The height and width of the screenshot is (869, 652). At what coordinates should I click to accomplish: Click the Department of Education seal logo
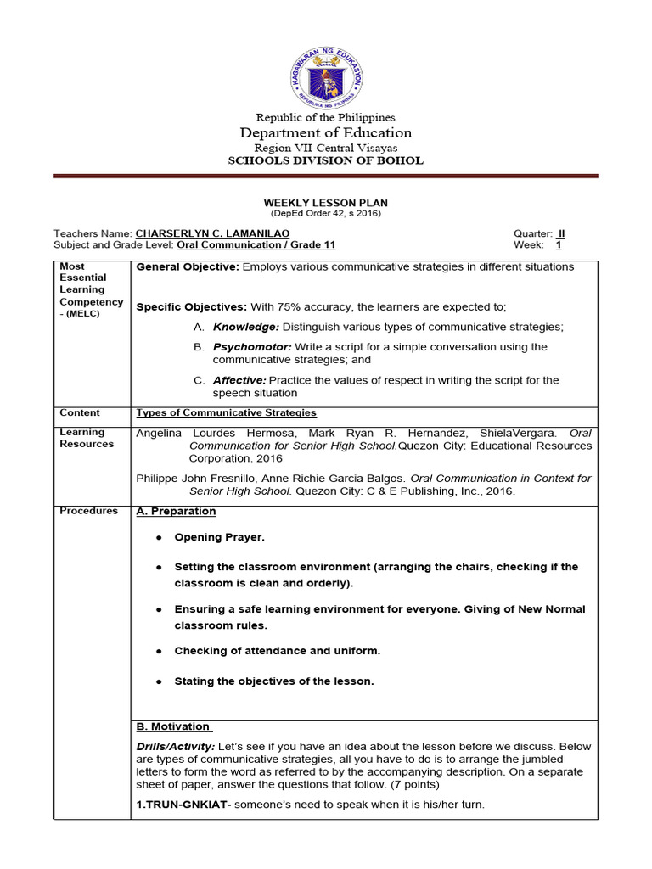[326, 76]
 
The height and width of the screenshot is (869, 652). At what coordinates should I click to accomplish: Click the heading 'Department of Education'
[326, 132]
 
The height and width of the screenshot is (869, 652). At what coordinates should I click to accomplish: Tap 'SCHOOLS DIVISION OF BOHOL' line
[326, 160]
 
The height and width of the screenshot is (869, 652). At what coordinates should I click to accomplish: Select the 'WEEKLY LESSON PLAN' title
[326, 203]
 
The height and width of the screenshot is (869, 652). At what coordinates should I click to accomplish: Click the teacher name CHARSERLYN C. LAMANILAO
[213, 233]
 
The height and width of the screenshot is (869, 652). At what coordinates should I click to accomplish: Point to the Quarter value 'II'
[560, 233]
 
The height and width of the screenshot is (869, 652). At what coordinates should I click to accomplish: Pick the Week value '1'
[559, 245]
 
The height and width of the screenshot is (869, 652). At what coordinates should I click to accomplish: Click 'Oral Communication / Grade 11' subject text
[256, 245]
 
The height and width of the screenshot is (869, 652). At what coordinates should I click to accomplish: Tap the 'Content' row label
[79, 412]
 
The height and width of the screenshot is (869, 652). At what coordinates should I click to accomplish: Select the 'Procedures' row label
[88, 511]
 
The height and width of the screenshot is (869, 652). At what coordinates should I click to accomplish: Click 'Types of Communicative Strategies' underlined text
[226, 413]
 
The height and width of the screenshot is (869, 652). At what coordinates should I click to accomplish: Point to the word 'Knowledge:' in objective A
[245, 327]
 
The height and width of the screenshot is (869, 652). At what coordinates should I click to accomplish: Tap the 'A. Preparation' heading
[176, 512]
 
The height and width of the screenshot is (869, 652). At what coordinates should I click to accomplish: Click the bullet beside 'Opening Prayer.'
[159, 538]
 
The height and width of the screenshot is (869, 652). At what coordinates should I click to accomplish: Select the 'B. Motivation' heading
[173, 726]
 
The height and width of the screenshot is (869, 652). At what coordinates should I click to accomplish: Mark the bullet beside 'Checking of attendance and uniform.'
[159, 652]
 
